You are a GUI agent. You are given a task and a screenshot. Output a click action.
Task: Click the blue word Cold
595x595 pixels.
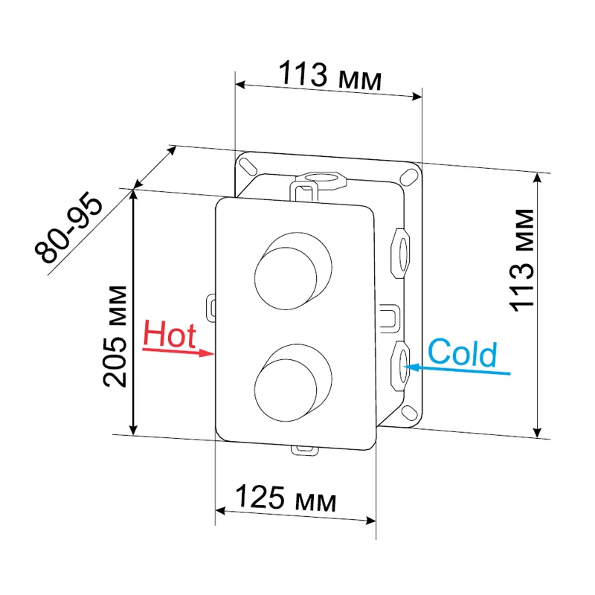click(x=462, y=353)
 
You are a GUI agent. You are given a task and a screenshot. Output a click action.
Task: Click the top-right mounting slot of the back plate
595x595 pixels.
click(x=408, y=176)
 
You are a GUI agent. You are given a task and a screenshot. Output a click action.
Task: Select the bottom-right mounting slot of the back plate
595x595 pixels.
click(x=409, y=413)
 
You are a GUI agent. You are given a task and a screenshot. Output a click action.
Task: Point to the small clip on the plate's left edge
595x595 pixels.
click(x=210, y=306)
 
